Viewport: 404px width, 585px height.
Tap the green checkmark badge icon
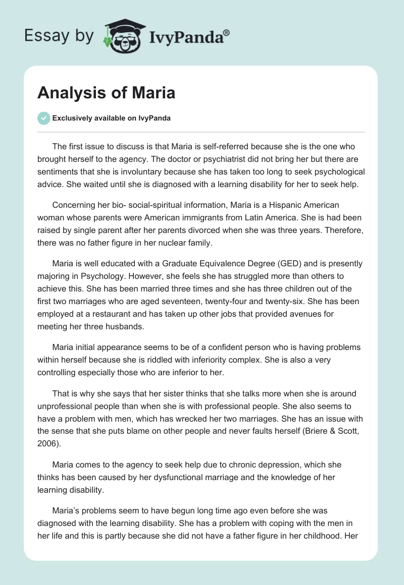point(44,118)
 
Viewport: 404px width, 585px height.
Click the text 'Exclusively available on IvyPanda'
point(112,119)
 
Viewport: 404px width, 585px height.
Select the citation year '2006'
point(47,443)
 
